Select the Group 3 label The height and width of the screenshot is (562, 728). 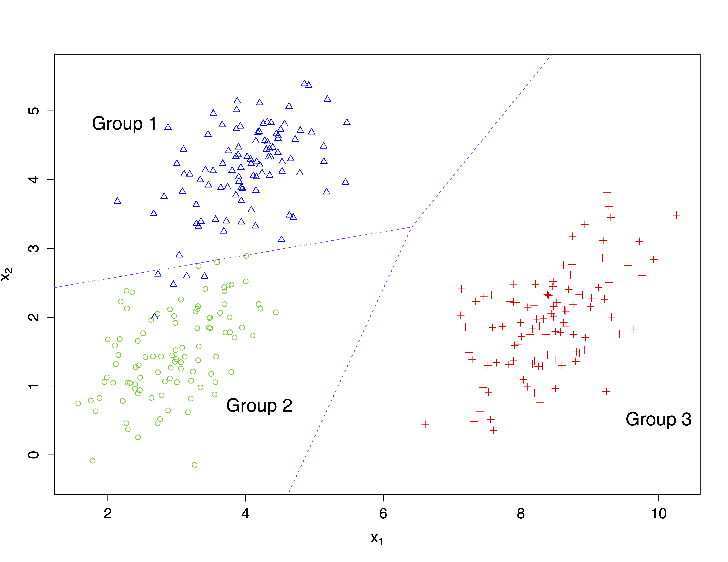pos(658,419)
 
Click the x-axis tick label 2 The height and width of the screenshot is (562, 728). pos(108,513)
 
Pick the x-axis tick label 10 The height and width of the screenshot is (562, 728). pos(659,513)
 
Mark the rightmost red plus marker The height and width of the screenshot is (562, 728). pos(676,215)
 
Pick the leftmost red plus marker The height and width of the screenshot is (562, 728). pos(425,424)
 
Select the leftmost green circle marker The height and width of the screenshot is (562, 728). pos(78,404)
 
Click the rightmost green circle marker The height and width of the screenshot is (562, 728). pos(276,312)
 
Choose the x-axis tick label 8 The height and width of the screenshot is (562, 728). pos(521,513)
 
